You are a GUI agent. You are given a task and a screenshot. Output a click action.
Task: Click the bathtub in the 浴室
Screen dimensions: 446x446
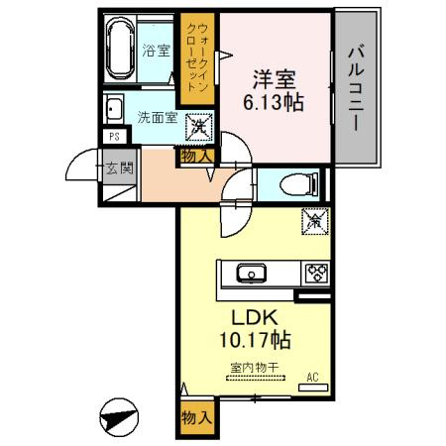coord(120,48)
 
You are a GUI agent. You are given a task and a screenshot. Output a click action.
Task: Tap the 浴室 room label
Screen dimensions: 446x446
coord(156,51)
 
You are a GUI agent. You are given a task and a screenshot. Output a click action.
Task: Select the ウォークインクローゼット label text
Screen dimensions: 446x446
coord(197,57)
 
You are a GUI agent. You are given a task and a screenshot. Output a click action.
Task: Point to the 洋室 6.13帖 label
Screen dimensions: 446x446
coord(274,90)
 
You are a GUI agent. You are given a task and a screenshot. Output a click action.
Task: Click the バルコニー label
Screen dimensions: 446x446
coord(356,89)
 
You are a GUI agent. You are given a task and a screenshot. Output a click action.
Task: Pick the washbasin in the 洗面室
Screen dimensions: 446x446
coord(114,108)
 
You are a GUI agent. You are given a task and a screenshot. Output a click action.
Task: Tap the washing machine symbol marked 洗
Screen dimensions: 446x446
coord(199,127)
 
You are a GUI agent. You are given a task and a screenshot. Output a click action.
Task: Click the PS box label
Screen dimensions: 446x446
coord(114,137)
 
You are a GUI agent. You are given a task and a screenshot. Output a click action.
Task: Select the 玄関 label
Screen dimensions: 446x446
coord(119,168)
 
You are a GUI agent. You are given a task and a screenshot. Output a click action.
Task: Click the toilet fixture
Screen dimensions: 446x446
coord(298,184)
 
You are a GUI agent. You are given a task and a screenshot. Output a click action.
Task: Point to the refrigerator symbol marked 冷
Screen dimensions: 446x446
coord(315,221)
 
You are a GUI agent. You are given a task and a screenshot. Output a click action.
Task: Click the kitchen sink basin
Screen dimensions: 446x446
coord(252,274)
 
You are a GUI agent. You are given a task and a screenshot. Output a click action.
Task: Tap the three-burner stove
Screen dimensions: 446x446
coord(316,274)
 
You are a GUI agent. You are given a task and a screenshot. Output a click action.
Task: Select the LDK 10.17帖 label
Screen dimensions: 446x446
coord(255,329)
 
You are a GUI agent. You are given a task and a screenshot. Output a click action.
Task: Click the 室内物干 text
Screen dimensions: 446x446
coord(255,368)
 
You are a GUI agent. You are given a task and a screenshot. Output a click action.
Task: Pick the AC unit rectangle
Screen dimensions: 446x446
coord(313,388)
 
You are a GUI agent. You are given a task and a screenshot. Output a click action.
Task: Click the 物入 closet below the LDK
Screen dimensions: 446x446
coord(197,418)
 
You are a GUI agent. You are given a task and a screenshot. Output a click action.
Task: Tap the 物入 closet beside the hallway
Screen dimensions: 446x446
coord(197,156)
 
